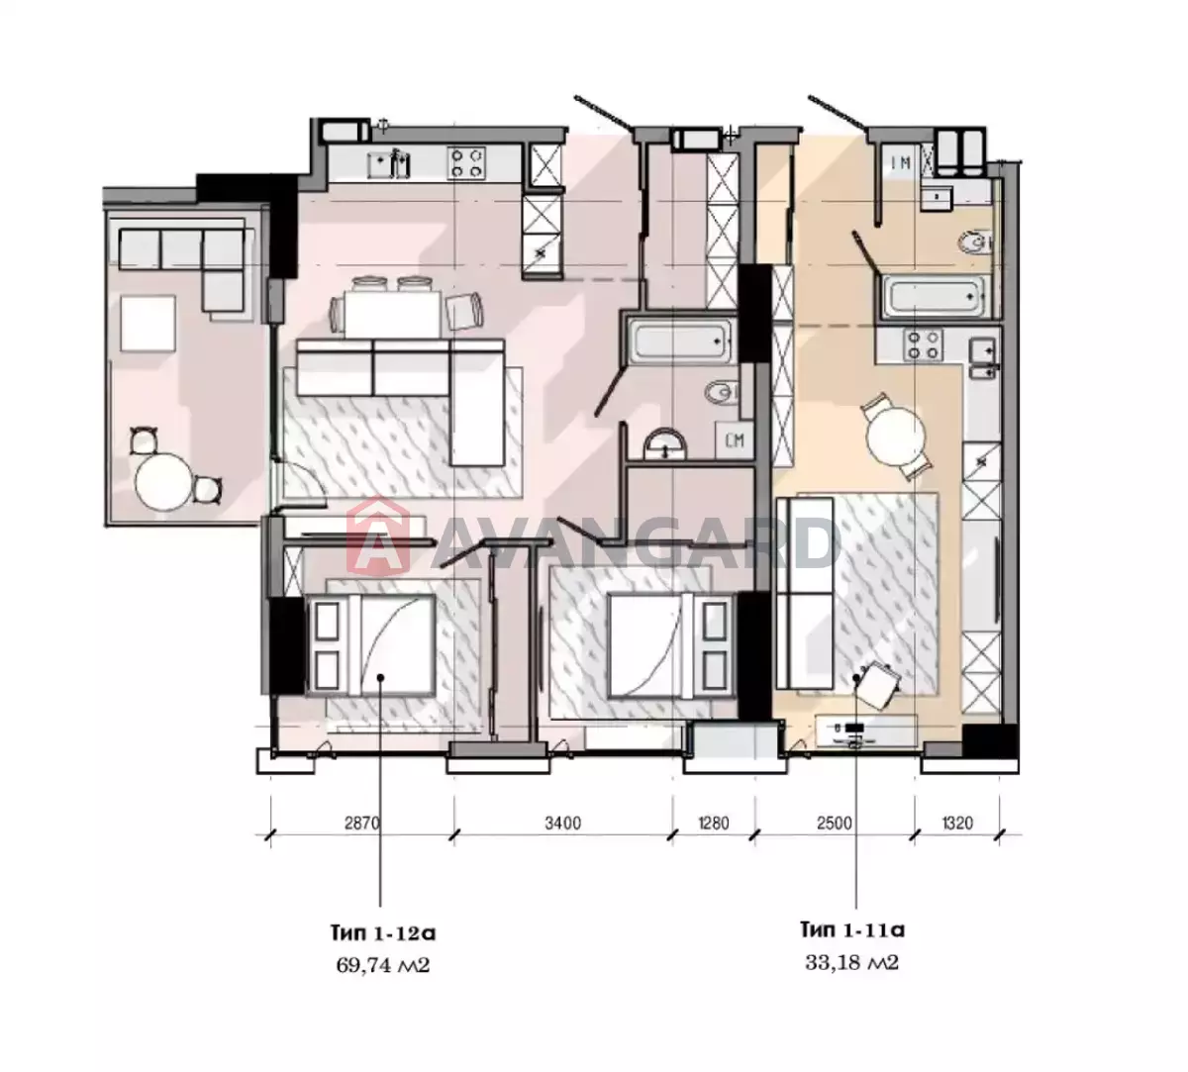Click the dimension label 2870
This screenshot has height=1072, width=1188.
[x=361, y=824]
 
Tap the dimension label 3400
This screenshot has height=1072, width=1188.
[x=562, y=824]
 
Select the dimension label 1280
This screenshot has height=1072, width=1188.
[x=714, y=824]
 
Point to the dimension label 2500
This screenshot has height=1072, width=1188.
[x=835, y=824]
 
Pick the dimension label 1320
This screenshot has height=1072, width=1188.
[x=957, y=824]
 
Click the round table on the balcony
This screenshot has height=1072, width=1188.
[x=164, y=481]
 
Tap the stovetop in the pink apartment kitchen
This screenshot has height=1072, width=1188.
[x=466, y=163]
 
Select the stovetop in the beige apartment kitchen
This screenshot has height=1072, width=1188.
[x=923, y=344]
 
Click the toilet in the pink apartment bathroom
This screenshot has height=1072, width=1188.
[x=722, y=392]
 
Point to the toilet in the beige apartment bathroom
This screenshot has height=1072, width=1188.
[x=975, y=243]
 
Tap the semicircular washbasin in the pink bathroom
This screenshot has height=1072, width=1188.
[x=665, y=443]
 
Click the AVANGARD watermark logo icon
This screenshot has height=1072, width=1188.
[x=378, y=536]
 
